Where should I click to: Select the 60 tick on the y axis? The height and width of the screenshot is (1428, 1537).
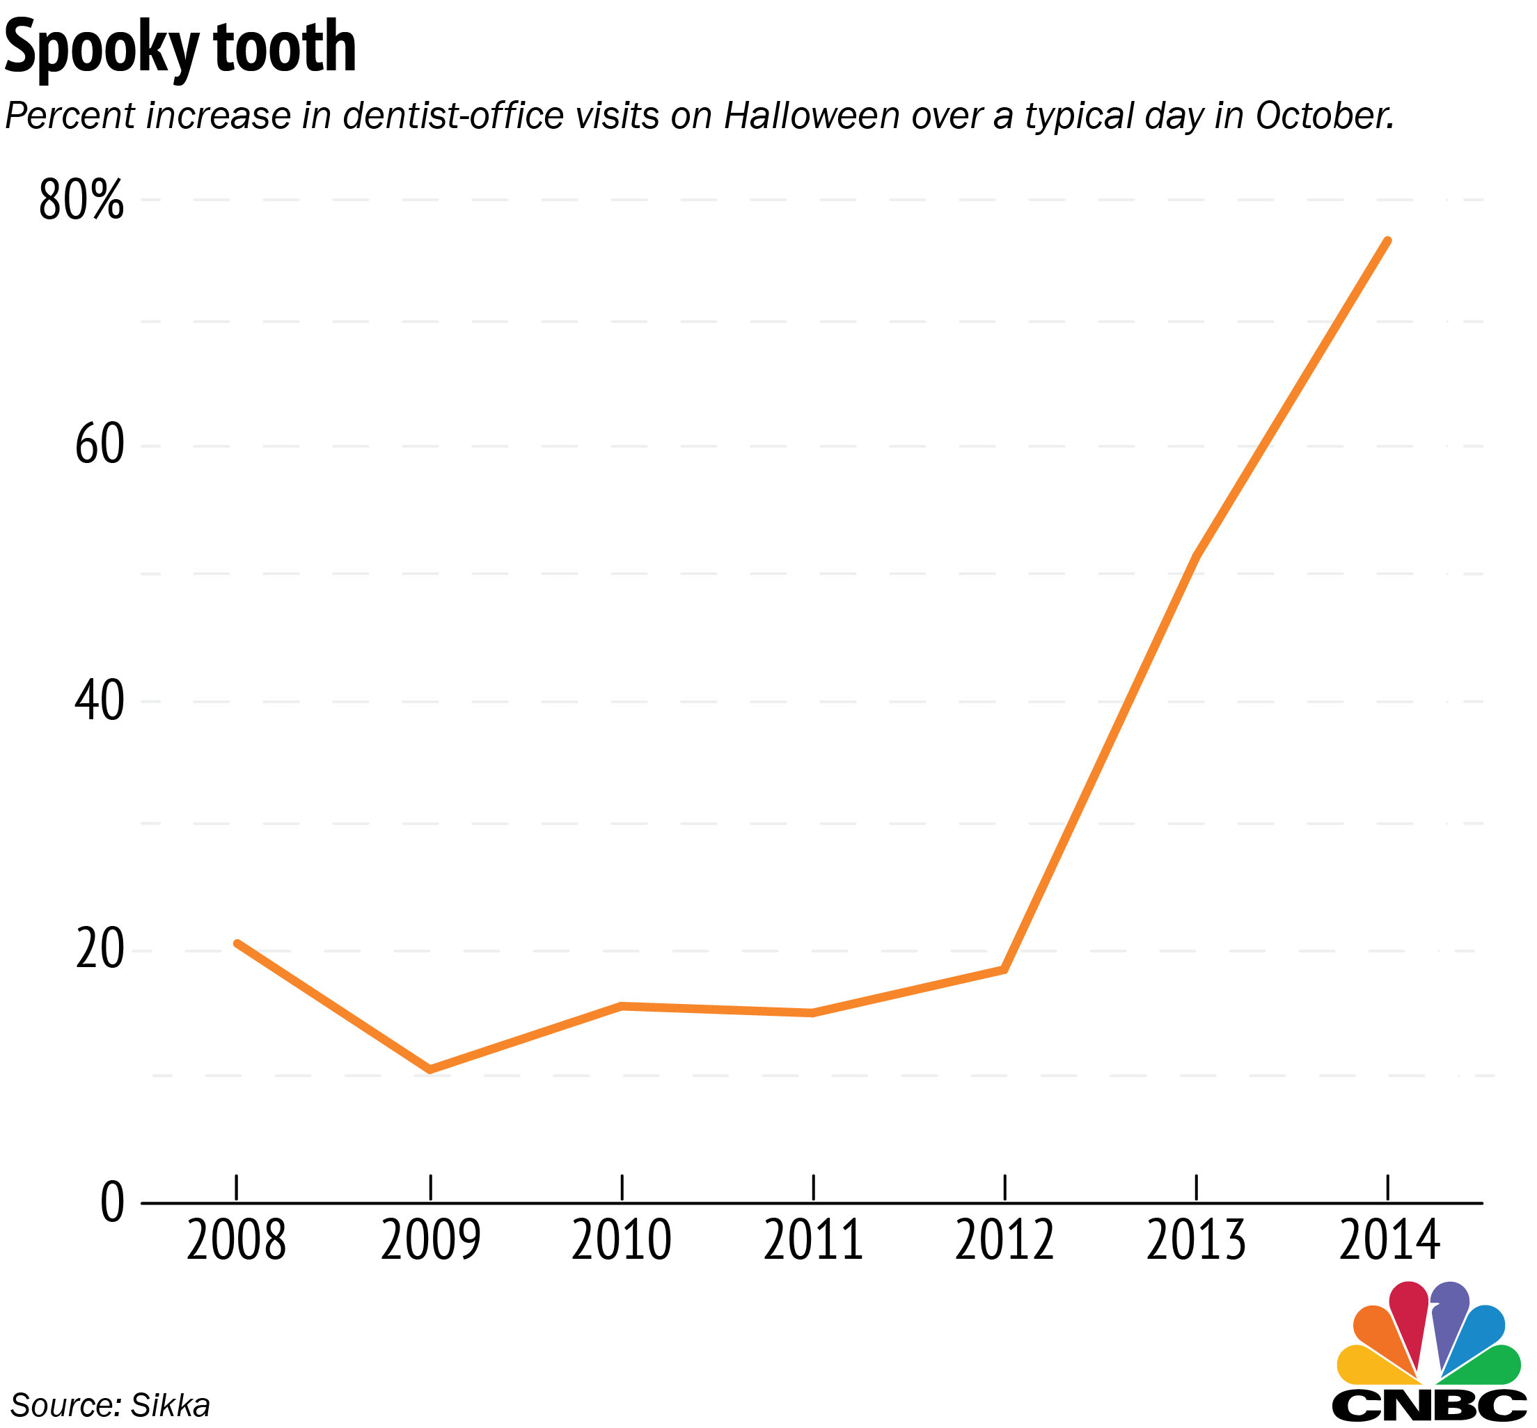[x=100, y=446]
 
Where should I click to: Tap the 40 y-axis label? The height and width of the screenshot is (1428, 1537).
[x=100, y=703]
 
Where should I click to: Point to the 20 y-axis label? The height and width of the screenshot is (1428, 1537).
[x=100, y=950]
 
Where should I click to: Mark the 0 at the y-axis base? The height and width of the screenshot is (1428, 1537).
[x=113, y=1204]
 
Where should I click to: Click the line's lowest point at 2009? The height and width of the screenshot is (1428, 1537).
[x=429, y=1070]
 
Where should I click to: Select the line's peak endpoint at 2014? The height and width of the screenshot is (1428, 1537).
[x=1389, y=240]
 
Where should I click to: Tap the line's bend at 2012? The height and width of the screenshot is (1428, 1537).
[x=1004, y=969]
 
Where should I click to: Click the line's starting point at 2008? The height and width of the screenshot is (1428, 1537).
[x=237, y=943]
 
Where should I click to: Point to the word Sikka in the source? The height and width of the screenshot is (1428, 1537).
[x=171, y=1405]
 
